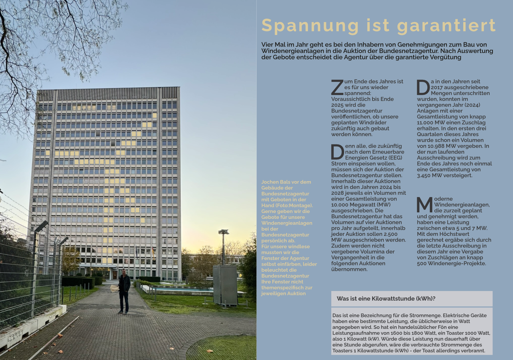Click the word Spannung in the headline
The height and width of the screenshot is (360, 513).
pos(310,26)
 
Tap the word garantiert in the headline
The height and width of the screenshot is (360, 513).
pos(446,26)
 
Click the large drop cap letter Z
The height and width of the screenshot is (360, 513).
pos(337,88)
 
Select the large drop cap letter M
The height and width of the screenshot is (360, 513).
pos(424,205)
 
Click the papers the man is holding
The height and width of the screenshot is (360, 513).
pos(115,288)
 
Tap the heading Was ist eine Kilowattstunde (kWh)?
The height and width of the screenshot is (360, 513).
pos(386,299)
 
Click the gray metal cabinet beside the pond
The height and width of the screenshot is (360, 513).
pos(225,285)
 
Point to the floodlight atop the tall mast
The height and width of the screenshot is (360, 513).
pos(223,232)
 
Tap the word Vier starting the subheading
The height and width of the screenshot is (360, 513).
pos(268,45)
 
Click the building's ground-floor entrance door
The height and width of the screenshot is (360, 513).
pos(115,275)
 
